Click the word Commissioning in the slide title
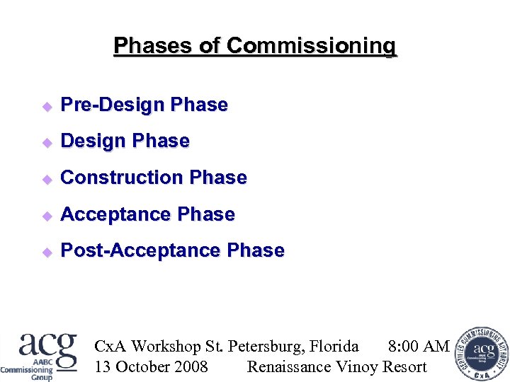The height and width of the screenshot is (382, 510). [x=312, y=47]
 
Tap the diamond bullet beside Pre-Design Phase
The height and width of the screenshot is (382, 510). [x=47, y=106]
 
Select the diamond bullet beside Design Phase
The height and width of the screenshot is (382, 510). [x=47, y=142]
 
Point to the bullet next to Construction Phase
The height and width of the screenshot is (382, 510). [x=47, y=179]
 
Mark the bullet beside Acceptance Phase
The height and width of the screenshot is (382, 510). [x=47, y=215]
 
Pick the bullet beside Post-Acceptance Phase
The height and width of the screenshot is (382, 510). [x=47, y=252]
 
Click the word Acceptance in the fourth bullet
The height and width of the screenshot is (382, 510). [x=116, y=214]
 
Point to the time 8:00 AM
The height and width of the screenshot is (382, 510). [x=419, y=346]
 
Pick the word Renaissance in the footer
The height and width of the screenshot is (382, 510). [x=289, y=366]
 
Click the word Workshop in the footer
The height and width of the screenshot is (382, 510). [x=166, y=346]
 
